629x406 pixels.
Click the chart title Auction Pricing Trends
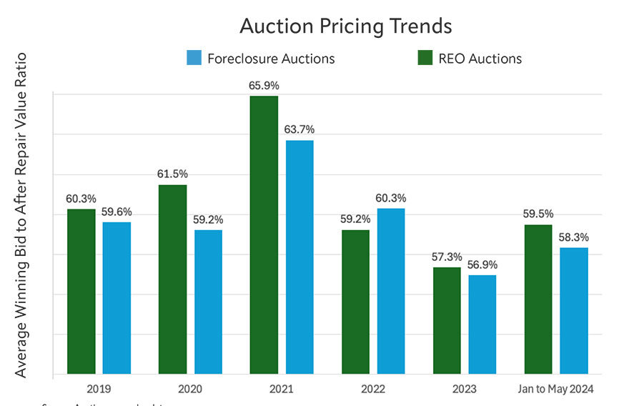click(345, 26)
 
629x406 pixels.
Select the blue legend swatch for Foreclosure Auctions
click(194, 58)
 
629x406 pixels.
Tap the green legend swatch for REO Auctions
click(425, 58)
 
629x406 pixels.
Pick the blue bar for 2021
click(299, 257)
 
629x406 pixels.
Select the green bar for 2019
click(81, 291)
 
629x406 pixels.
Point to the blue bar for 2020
click(208, 301)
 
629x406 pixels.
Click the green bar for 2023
click(447, 320)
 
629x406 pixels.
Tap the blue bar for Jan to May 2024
click(574, 310)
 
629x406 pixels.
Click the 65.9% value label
click(264, 85)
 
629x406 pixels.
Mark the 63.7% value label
click(299, 129)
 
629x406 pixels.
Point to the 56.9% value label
click(482, 264)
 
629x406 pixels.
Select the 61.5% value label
click(172, 174)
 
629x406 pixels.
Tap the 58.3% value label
click(574, 237)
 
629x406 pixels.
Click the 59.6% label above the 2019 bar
click(117, 212)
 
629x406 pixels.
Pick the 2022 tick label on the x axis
click(373, 389)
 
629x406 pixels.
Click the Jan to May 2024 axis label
click(556, 389)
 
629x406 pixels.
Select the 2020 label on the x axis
click(190, 389)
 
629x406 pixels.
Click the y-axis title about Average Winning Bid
click(21, 214)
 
